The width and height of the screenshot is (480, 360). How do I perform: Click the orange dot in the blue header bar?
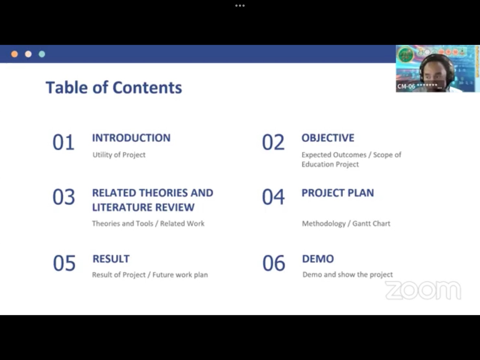click(x=15, y=54)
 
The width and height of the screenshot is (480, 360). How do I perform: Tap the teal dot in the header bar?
click(x=42, y=54)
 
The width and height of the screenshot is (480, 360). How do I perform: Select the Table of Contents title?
click(x=114, y=88)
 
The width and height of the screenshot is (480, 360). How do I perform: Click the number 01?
click(x=64, y=142)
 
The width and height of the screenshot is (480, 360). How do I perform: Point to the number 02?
click(x=273, y=142)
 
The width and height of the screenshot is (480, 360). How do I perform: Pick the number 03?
click(x=64, y=197)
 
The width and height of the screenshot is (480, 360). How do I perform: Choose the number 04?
click(x=273, y=197)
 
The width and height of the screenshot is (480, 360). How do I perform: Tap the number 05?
click(x=64, y=263)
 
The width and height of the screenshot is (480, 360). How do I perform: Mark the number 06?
click(x=274, y=263)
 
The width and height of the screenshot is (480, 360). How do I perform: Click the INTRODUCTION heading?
click(x=131, y=138)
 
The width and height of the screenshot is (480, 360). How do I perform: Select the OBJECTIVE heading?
click(x=328, y=138)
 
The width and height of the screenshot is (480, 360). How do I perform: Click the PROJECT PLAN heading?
click(x=338, y=193)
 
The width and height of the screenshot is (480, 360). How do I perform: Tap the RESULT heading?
click(x=111, y=259)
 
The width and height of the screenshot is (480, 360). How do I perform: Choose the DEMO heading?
click(x=318, y=259)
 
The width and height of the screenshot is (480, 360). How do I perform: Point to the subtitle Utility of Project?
click(x=119, y=155)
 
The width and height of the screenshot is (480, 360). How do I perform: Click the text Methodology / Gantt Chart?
click(x=346, y=224)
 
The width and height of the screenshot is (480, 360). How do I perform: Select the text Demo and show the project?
click(x=348, y=275)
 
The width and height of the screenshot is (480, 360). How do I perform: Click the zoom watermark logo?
click(x=423, y=291)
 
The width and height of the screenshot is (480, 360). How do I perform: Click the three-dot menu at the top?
click(x=240, y=6)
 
